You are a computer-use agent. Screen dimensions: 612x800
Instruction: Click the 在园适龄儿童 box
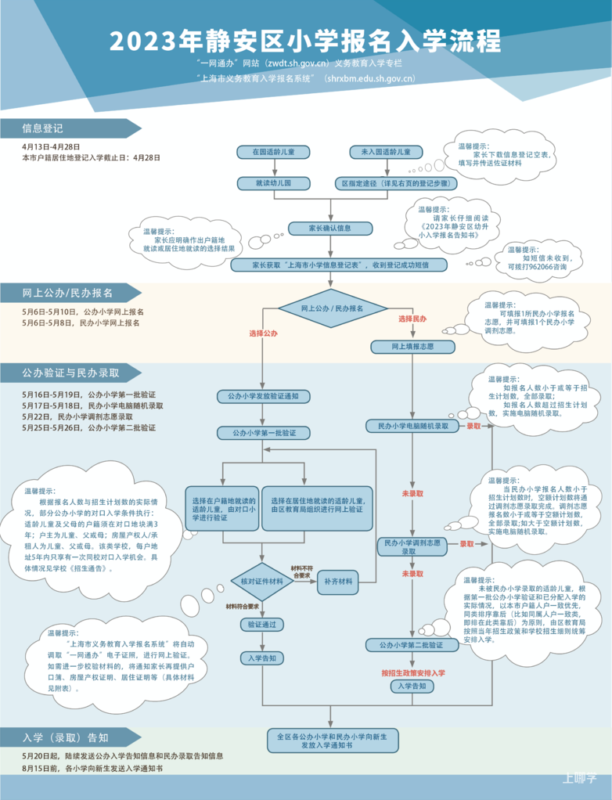point(273,152)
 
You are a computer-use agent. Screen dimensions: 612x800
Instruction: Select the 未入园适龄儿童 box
point(386,152)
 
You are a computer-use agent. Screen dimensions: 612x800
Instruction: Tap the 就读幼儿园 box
point(273,183)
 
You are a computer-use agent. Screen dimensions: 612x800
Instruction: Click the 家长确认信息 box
point(330,228)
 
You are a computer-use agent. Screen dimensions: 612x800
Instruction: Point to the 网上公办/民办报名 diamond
point(332,308)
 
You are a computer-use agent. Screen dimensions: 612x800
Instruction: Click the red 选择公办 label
point(263,333)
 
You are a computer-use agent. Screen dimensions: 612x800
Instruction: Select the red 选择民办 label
point(412,319)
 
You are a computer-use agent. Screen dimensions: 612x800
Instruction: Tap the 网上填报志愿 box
point(412,347)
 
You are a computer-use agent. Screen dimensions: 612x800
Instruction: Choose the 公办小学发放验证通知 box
point(263,396)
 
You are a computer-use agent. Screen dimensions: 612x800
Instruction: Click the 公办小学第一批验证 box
point(264,433)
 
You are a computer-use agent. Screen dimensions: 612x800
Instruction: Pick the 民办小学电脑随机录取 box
point(413,426)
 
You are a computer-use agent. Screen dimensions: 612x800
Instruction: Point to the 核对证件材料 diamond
point(262,582)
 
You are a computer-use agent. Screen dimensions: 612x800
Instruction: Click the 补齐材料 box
point(338,582)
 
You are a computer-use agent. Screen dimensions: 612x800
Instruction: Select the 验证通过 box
point(262,625)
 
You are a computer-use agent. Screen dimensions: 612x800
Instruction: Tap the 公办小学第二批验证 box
point(411,645)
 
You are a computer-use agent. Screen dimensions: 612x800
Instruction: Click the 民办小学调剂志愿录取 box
point(412,547)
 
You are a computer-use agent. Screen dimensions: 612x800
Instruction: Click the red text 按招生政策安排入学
point(413,673)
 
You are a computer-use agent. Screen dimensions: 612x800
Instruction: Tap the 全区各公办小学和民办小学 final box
point(333,741)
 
